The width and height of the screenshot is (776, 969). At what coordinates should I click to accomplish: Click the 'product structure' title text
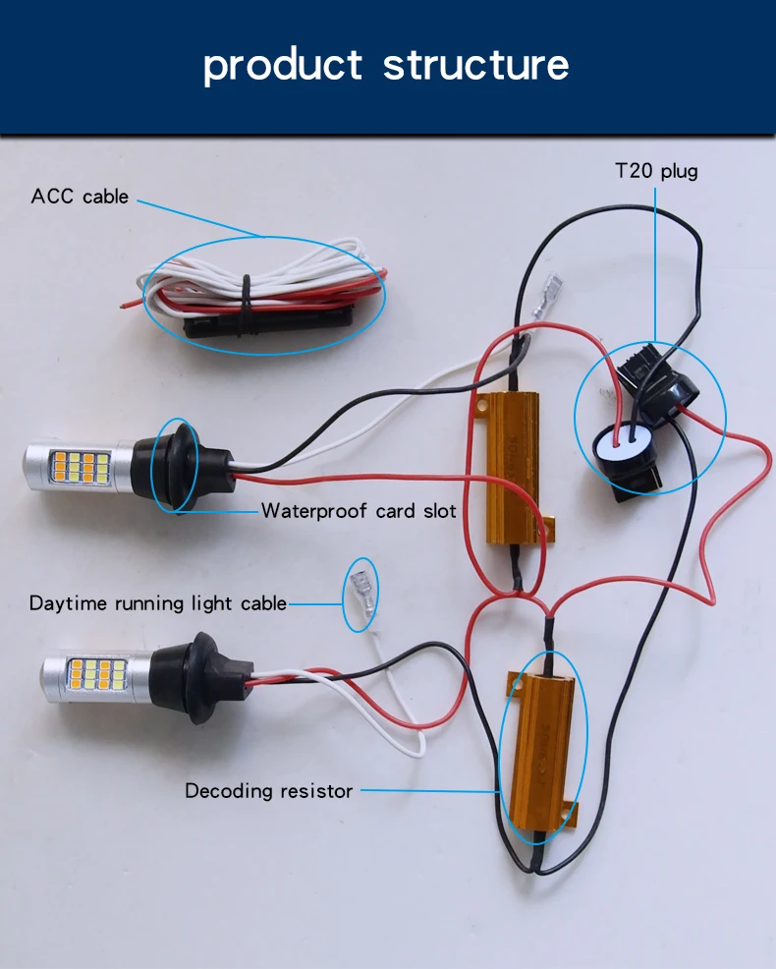click(x=386, y=65)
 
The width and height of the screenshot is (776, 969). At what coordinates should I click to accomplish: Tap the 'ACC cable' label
click(x=80, y=197)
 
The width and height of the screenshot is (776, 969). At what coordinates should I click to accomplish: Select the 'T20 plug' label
click(x=656, y=171)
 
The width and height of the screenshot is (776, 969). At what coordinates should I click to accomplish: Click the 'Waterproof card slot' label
click(x=359, y=510)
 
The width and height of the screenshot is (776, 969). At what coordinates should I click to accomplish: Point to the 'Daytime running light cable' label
click(x=157, y=603)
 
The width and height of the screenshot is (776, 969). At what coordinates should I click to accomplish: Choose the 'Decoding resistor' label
click(x=269, y=791)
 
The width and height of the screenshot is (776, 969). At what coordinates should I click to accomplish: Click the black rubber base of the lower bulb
click(x=200, y=677)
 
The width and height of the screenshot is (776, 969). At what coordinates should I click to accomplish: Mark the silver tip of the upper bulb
click(x=35, y=467)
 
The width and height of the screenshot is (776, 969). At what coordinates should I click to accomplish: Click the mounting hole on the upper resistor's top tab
click(x=482, y=406)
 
